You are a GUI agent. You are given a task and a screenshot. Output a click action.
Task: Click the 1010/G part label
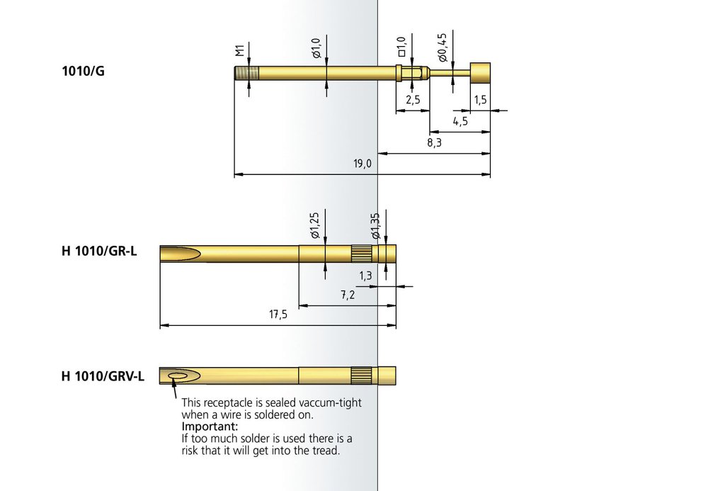tap(83, 71)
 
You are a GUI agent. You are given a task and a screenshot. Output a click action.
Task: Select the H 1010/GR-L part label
tap(99, 251)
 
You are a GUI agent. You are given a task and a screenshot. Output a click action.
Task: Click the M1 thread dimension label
tap(240, 50)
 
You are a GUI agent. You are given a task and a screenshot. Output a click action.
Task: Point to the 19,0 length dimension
tap(362, 163)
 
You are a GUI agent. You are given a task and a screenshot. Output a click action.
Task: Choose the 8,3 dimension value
tap(435, 142)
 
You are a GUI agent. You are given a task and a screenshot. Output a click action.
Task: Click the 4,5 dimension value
tap(461, 121)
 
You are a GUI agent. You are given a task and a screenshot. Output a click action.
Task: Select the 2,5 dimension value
tap(413, 99)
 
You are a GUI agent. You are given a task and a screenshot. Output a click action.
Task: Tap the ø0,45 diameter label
tap(442, 47)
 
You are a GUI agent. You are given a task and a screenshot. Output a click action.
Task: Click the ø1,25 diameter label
tap(315, 225)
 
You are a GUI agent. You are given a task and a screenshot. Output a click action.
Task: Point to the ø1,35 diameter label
tap(375, 226)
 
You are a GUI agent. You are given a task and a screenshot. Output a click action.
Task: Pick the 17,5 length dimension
tap(278, 314)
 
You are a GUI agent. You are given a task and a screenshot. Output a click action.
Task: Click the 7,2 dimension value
tap(348, 295)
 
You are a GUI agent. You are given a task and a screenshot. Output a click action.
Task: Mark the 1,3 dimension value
tap(366, 276)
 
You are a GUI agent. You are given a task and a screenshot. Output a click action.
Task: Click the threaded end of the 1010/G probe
tap(246, 73)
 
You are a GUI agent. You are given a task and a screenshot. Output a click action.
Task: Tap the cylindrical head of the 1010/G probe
tap(480, 73)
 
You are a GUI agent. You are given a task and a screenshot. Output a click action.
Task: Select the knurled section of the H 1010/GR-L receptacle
tap(361, 254)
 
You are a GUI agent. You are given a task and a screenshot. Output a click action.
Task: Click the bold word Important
tap(210, 427)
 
